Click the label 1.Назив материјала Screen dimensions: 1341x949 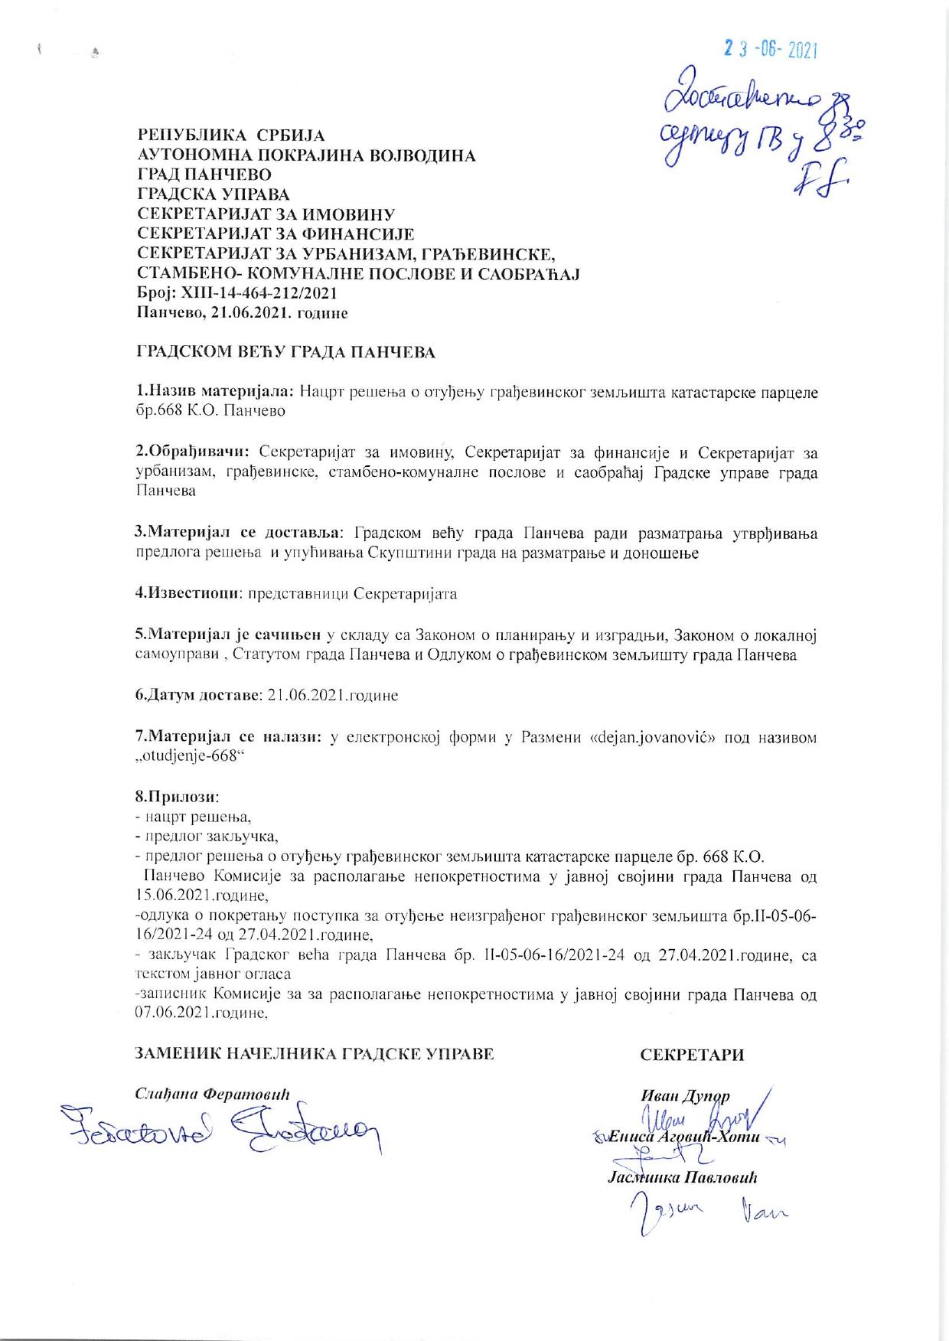click(215, 392)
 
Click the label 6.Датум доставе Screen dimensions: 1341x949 click(198, 696)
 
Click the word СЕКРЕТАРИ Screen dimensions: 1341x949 click(692, 1055)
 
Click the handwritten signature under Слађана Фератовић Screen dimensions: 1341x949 click(222, 1130)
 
